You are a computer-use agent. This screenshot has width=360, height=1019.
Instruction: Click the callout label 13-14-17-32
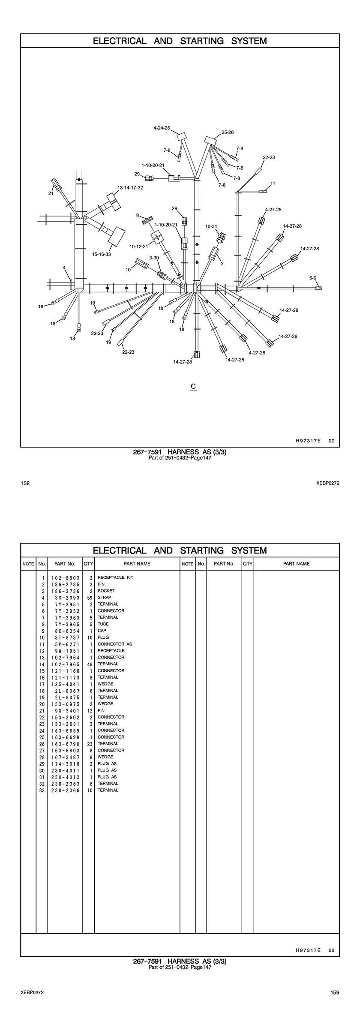click(130, 187)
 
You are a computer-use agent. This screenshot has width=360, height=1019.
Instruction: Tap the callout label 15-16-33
click(102, 254)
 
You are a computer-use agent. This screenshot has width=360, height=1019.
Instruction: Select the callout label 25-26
click(228, 132)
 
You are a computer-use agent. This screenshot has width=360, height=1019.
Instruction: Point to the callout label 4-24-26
click(162, 128)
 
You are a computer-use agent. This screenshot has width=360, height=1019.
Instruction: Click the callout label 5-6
click(313, 278)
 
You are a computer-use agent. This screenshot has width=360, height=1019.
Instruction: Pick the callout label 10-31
click(211, 226)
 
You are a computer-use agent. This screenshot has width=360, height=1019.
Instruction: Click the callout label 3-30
click(154, 258)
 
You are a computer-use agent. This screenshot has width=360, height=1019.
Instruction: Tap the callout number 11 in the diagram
click(273, 183)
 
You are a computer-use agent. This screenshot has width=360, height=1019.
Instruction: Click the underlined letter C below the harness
click(193, 386)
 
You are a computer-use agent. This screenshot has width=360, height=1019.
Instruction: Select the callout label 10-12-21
click(138, 246)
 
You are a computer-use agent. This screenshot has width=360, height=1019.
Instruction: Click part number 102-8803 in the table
click(66, 577)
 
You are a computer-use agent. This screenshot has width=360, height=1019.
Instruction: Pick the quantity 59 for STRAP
click(90, 597)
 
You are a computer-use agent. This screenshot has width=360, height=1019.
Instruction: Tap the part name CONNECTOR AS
click(115, 644)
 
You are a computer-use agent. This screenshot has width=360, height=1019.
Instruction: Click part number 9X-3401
click(66, 710)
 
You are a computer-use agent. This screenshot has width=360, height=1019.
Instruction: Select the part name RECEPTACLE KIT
click(115, 577)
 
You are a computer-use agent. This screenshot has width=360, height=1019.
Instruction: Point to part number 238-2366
click(66, 790)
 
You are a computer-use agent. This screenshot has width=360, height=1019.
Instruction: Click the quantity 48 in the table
click(90, 664)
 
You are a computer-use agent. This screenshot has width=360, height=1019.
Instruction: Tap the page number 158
click(25, 483)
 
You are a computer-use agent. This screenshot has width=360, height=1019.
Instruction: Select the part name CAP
click(102, 631)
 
